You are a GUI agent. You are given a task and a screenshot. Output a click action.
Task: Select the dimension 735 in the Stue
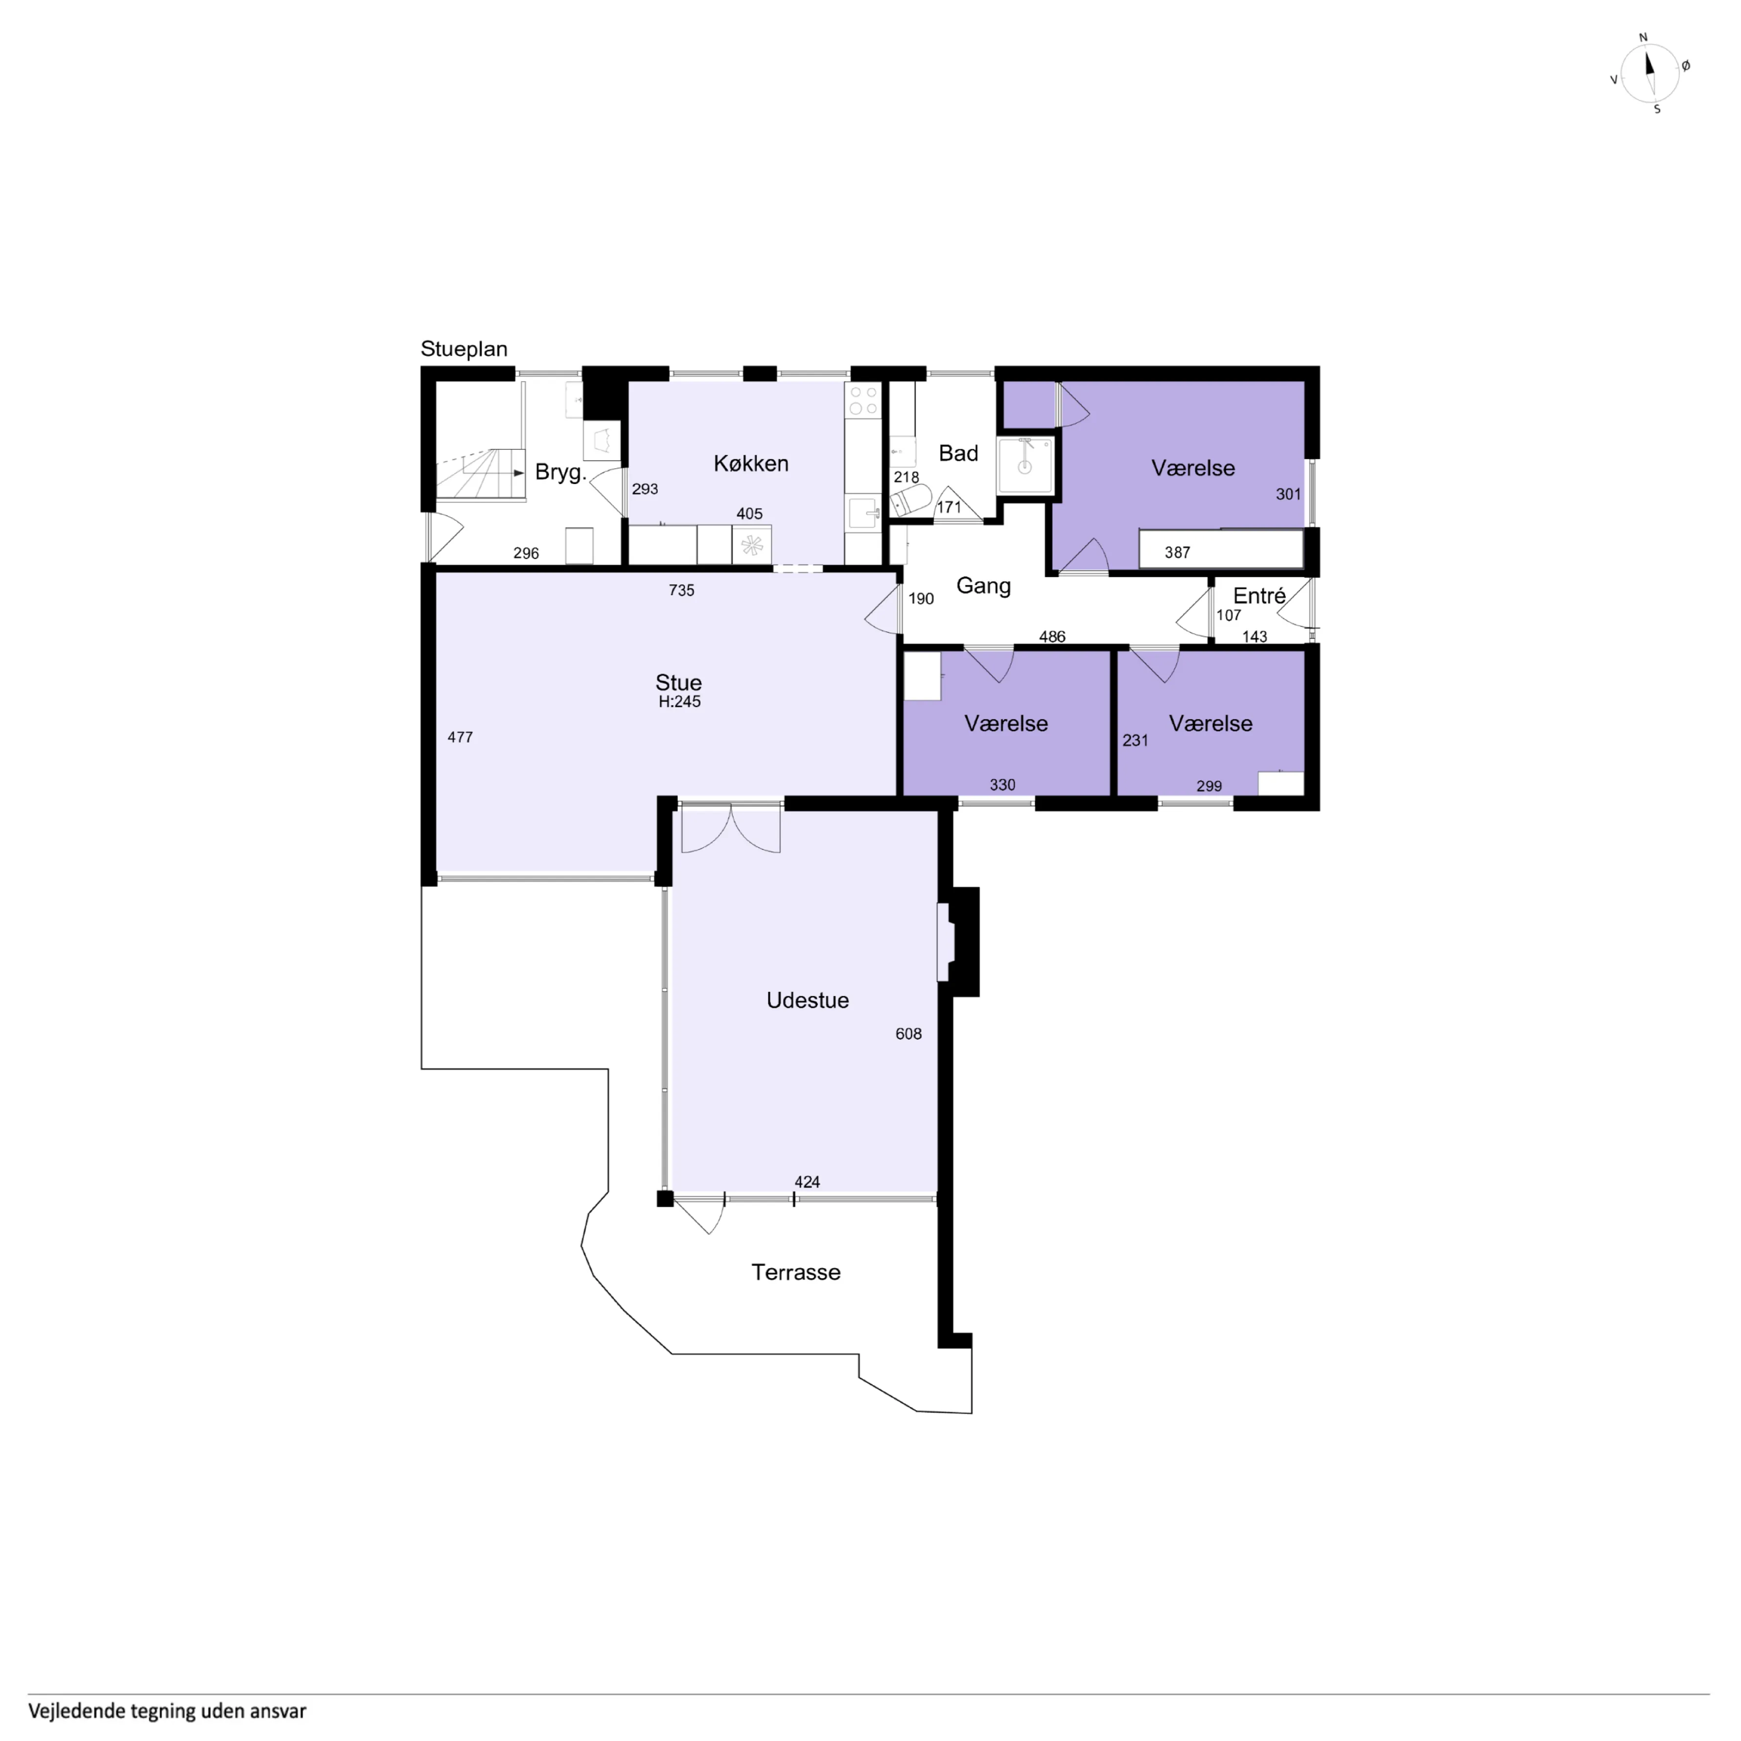tap(681, 590)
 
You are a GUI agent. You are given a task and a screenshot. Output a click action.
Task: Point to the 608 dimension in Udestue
tap(908, 1034)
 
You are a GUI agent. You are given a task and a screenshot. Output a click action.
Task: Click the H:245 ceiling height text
tap(679, 701)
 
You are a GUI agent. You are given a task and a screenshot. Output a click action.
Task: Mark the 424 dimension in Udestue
tap(807, 1182)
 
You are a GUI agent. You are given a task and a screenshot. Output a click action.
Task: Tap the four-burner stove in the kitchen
tap(862, 400)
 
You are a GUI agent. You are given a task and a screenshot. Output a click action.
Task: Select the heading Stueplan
tap(464, 349)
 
